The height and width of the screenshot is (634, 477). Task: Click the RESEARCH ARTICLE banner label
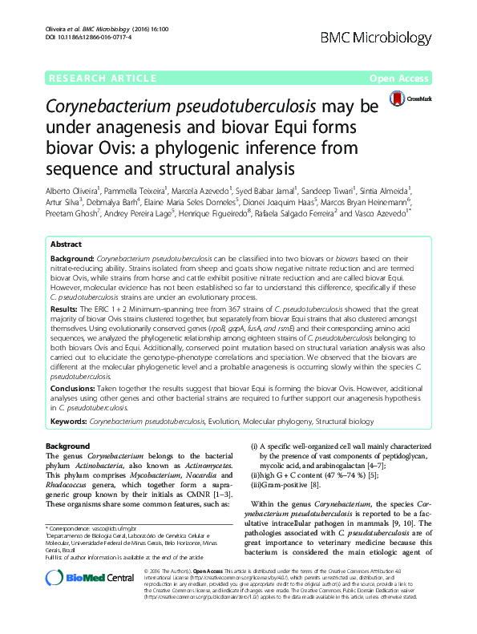[102, 79]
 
